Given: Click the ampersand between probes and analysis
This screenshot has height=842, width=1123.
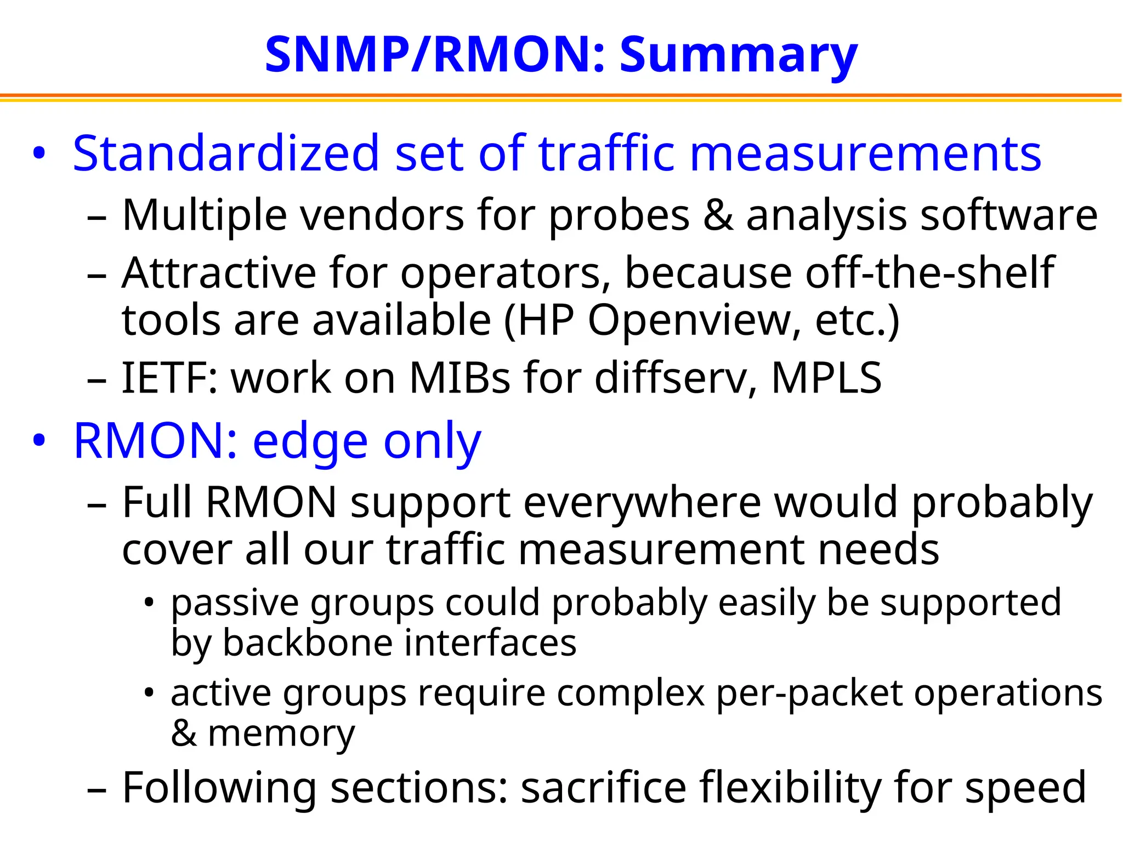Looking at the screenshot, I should click(717, 215).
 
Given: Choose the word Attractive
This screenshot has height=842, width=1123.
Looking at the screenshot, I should click(219, 272).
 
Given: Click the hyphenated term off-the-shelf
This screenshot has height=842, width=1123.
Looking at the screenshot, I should click(929, 272).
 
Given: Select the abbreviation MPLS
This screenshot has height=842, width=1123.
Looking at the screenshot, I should click(826, 378).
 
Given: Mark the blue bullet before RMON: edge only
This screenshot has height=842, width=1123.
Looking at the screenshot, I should click(38, 440).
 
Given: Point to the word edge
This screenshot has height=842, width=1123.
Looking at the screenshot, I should click(310, 442).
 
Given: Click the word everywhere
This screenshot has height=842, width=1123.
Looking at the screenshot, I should click(642, 502).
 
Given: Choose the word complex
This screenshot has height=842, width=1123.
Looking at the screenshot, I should click(631, 693).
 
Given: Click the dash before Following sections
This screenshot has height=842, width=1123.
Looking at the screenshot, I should click(97, 789).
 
